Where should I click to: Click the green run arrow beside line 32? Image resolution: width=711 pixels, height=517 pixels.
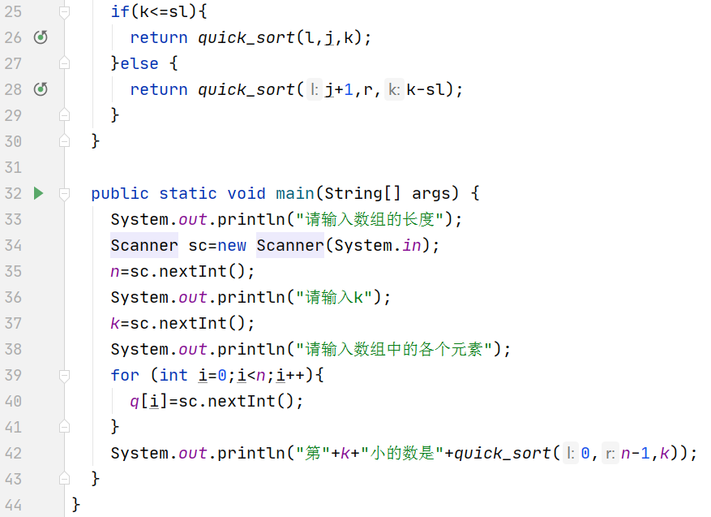[38, 193]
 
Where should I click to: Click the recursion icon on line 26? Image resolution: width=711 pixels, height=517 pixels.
[41, 37]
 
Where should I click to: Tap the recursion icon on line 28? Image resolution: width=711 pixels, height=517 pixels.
[41, 89]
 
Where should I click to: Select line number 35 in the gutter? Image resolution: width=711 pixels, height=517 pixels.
[13, 271]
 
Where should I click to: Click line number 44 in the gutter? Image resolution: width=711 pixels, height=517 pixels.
[13, 505]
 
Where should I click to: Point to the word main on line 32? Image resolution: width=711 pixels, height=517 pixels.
[295, 193]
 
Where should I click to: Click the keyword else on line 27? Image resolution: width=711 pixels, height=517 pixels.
[139, 63]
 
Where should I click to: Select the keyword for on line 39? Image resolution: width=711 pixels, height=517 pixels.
[125, 375]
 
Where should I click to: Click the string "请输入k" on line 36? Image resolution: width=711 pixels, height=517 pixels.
[338, 297]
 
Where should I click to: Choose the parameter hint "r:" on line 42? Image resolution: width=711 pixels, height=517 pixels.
[610, 453]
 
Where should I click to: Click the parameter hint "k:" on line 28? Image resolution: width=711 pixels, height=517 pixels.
[393, 89]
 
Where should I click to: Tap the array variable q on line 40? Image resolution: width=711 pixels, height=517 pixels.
[135, 401]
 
